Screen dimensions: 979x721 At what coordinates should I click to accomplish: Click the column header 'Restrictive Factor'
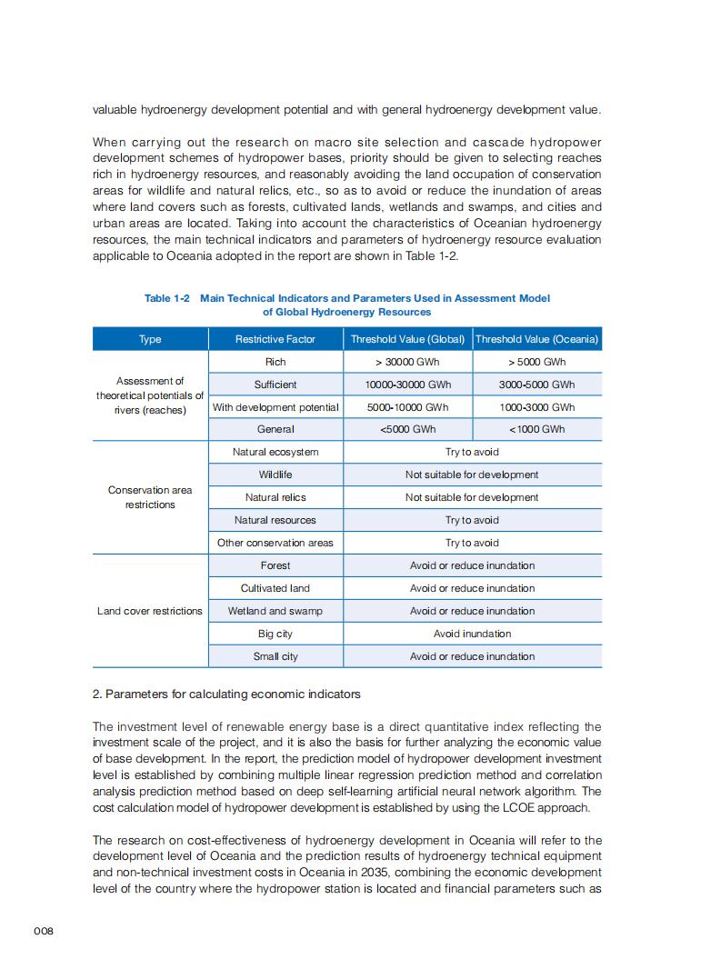point(275,339)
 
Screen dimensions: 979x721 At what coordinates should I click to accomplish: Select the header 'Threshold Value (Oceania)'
point(536,339)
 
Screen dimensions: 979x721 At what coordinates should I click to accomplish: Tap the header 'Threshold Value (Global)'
point(407,339)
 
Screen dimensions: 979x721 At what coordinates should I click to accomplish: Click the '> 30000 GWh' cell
point(407,362)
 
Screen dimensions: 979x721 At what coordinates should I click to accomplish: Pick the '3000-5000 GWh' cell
point(536,385)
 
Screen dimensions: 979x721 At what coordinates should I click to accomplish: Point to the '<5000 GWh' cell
point(407,429)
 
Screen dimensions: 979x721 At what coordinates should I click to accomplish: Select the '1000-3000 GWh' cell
point(536,407)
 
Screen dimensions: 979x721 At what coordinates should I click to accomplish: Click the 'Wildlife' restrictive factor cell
point(275,475)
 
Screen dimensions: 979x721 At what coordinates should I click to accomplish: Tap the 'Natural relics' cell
point(275,497)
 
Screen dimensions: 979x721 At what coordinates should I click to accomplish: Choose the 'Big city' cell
point(275,634)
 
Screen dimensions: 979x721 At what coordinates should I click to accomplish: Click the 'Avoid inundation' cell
point(472,634)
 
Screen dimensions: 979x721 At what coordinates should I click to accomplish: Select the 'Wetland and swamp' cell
point(275,611)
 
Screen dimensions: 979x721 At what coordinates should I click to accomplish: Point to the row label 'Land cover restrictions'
point(150,611)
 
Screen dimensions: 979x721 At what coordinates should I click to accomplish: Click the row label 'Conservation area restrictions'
point(150,497)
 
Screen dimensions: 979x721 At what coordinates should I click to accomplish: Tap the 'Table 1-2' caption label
point(167,298)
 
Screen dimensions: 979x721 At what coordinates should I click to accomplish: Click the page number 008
point(45,932)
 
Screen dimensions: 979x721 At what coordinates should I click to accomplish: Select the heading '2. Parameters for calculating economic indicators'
point(226,694)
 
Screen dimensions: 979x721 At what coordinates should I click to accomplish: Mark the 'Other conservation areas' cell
point(275,543)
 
